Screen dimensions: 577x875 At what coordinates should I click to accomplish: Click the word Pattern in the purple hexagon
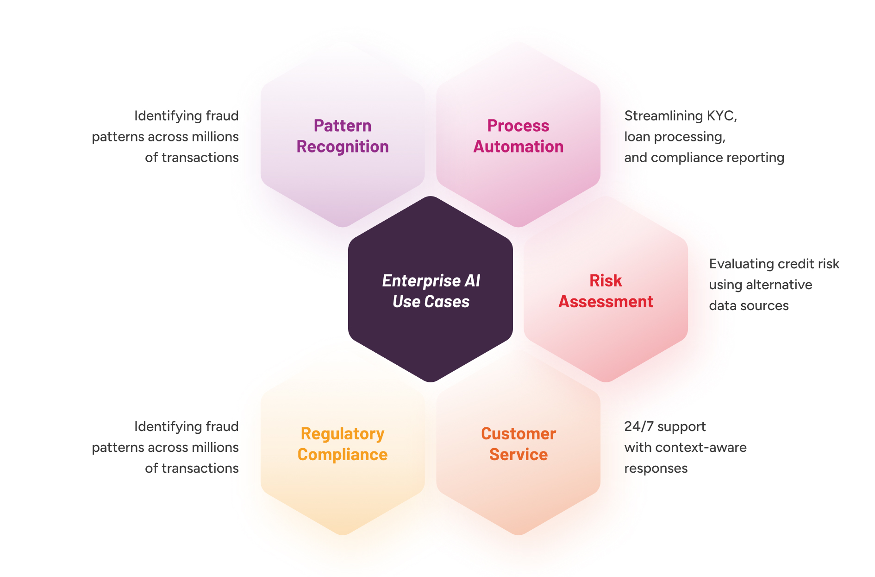point(342,126)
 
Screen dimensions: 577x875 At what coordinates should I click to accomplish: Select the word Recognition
point(342,146)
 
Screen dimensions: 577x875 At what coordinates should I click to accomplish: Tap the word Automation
point(518,146)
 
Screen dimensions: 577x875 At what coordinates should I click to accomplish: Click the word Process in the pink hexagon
point(518,126)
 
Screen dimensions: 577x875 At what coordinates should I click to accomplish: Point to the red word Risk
point(605,280)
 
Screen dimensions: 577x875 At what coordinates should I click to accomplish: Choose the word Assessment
point(606,302)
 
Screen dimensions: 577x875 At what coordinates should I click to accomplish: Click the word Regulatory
point(342,434)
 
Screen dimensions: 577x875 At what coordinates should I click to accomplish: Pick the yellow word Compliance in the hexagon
point(342,455)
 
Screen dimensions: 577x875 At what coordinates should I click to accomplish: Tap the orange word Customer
point(518,434)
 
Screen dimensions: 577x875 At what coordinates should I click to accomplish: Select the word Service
point(518,455)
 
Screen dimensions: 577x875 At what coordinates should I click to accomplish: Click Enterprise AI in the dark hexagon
point(431,280)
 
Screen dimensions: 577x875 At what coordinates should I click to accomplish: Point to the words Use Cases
point(431,302)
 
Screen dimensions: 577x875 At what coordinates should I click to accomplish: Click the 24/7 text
point(639,426)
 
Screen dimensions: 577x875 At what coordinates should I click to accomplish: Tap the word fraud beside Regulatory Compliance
point(222,426)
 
